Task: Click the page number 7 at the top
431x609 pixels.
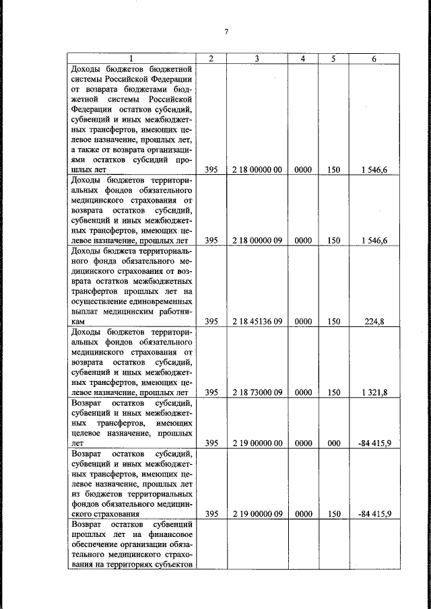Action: [227, 32]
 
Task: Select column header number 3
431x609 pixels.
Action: [257, 59]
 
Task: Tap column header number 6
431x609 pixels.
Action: [374, 59]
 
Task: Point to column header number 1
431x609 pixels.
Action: [131, 59]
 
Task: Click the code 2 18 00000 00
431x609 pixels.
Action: [257, 171]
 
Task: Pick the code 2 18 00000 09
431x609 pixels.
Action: [257, 240]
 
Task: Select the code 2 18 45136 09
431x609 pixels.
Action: [257, 322]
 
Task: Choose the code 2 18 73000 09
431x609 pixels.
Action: [257, 392]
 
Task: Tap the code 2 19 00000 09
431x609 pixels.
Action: [257, 513]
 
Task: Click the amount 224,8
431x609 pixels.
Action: [374, 322]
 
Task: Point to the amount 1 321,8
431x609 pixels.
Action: [374, 392]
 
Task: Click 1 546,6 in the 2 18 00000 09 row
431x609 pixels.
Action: [374, 240]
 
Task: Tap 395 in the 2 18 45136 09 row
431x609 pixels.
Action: [211, 322]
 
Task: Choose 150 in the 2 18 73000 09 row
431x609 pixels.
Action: [333, 392]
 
